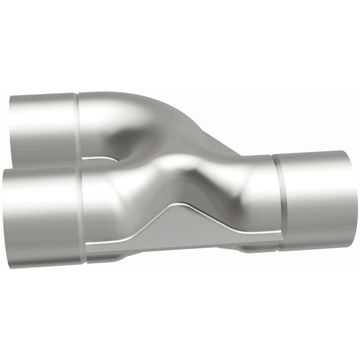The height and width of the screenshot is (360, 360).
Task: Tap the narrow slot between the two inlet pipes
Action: pyautogui.click(x=100, y=159)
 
